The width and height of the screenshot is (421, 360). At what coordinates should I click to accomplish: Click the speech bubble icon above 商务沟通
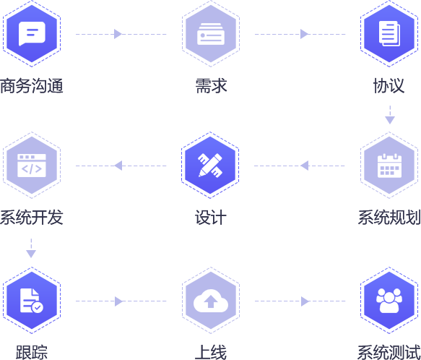[x=32, y=33]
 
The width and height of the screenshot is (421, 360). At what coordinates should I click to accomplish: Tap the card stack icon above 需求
[x=211, y=34]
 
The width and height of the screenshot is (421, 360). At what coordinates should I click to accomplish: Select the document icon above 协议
[x=389, y=33]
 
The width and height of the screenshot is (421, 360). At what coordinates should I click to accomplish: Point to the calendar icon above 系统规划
[x=389, y=166]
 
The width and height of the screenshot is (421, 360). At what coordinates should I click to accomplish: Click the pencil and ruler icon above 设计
[x=210, y=165]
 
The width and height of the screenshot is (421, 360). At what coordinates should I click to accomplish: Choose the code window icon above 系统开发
[x=32, y=166]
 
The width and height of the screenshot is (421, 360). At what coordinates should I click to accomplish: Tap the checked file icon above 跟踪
[x=32, y=301]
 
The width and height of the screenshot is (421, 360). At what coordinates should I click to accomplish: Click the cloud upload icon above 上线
[x=211, y=301]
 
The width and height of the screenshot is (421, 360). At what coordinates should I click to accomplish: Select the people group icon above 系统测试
[x=389, y=301]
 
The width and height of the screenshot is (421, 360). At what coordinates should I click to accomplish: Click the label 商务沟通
[x=32, y=86]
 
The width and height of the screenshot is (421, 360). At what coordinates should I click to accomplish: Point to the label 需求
[x=211, y=86]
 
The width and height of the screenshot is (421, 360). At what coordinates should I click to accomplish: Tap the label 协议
[x=389, y=86]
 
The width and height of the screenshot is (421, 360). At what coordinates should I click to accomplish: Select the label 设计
[x=211, y=218]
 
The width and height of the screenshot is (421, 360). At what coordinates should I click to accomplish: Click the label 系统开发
[x=32, y=218]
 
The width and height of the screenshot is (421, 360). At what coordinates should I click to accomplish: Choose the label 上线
[x=211, y=352]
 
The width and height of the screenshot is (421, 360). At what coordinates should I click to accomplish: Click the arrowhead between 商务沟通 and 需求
[x=118, y=34]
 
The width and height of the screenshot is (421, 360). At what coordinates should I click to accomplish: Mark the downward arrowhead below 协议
[x=390, y=120]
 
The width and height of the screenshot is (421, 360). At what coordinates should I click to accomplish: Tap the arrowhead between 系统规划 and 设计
[x=305, y=166]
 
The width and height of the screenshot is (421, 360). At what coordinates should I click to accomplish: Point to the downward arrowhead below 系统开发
[x=31, y=254]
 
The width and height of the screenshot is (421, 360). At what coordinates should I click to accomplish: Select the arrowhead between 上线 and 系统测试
[x=305, y=301]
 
